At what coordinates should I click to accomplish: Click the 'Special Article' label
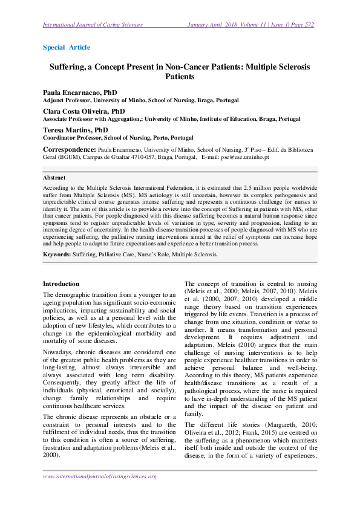(67, 47)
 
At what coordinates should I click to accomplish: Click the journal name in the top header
(93, 25)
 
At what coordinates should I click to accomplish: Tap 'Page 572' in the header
(301, 25)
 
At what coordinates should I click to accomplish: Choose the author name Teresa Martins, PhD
(75, 130)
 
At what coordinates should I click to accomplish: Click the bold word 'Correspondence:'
(69, 149)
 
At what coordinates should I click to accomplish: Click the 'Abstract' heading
(54, 178)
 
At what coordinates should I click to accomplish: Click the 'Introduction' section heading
(61, 284)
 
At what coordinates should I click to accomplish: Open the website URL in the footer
(100, 476)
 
